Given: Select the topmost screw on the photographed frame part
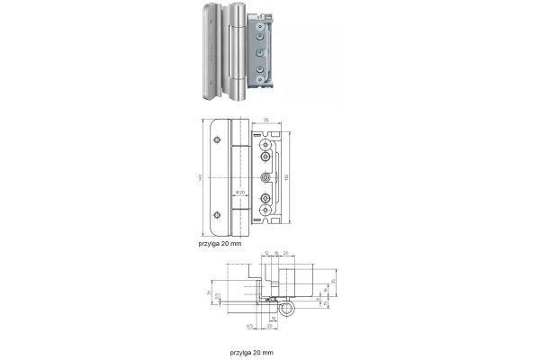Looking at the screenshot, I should [x=259, y=28].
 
